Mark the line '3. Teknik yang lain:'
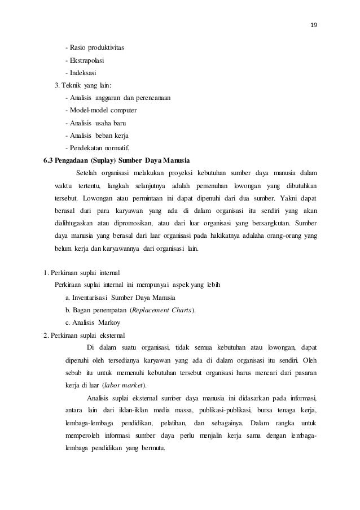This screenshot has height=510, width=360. tap(83, 85)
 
